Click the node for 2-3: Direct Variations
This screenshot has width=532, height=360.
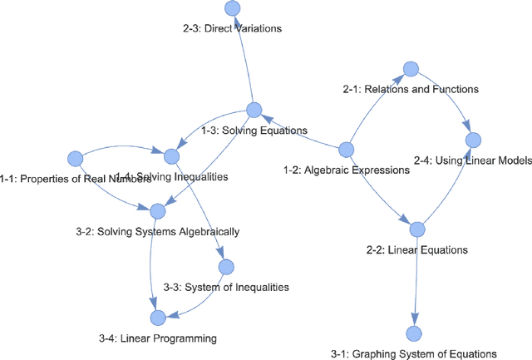pyautogui.click(x=233, y=8)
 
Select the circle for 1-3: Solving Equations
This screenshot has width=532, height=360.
pyautogui.click(x=254, y=110)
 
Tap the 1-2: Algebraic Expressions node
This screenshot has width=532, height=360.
pyautogui.click(x=347, y=149)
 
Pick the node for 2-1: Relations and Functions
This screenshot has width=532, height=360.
pyautogui.click(x=410, y=67)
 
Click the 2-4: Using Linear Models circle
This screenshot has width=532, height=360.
pyautogui.click(x=473, y=139)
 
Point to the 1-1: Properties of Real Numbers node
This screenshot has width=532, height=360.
pyautogui.click(x=75, y=157)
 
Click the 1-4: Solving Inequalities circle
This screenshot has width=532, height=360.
pyautogui.click(x=172, y=155)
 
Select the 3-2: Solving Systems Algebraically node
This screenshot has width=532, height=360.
pyautogui.click(x=157, y=211)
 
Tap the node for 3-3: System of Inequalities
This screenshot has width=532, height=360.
pyautogui.click(x=225, y=267)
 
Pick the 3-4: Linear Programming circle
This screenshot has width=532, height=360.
pyautogui.click(x=157, y=317)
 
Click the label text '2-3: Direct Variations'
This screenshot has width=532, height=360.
pyautogui.click(x=232, y=28)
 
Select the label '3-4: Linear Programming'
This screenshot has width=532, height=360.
pyautogui.click(x=157, y=338)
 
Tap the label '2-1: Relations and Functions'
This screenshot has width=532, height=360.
pyautogui.click(x=411, y=88)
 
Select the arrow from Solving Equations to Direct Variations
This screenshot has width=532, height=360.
pyautogui.click(x=244, y=58)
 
